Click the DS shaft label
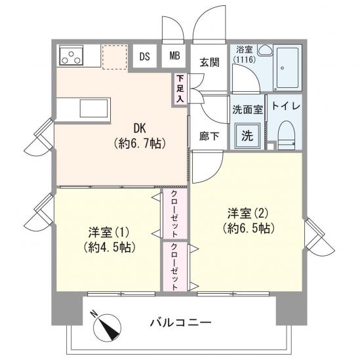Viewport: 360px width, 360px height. click(x=144, y=56)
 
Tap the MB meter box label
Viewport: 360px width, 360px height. click(x=175, y=56)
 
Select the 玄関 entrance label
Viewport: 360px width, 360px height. click(x=209, y=62)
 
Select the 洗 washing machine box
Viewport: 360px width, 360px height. click(x=247, y=136)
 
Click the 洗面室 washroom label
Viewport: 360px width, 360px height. click(x=247, y=110)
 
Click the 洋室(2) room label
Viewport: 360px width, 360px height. click(x=248, y=220)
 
